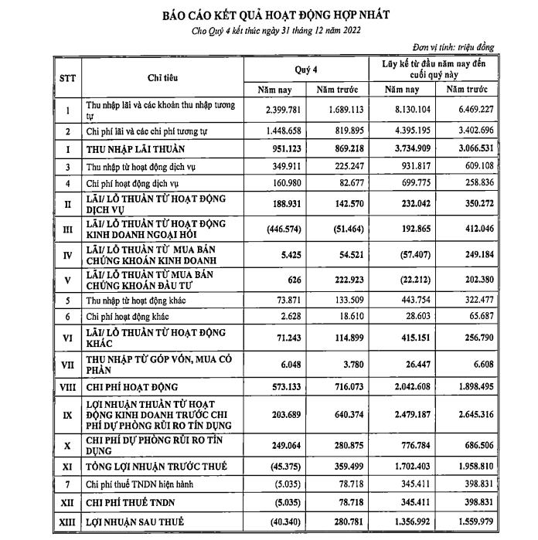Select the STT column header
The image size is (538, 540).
coord(67,78)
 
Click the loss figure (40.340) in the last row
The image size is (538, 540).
coord(284,522)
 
